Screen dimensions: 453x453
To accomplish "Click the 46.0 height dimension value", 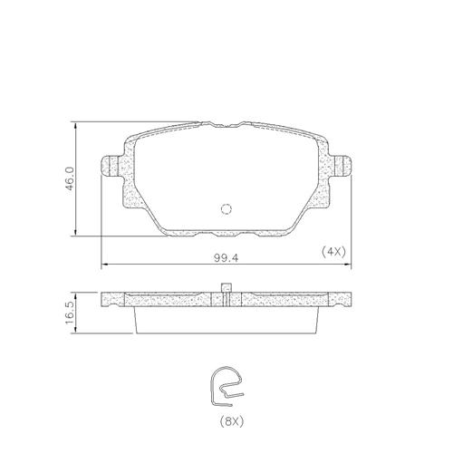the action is (70, 179).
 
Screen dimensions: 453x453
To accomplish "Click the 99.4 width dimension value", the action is (226, 258).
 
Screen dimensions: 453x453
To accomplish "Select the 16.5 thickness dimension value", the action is (70, 313).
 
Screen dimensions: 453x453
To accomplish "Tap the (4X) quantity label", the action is (333, 251).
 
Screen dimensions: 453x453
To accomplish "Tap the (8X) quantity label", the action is (231, 421).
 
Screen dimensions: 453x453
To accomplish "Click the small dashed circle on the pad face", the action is (226, 209).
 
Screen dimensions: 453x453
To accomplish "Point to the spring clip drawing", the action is (226, 387).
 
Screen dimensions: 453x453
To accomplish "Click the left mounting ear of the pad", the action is (111, 166).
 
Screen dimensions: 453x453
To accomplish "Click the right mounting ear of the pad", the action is (341, 166).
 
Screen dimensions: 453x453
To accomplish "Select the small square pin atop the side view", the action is (226, 287).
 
